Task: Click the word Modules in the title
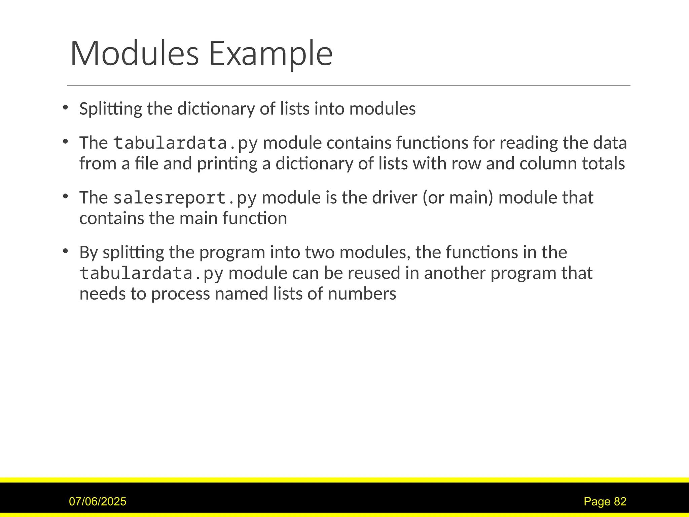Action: pos(135,54)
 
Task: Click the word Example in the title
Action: pos(271,54)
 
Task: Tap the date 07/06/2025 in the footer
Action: pos(98,502)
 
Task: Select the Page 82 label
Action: pos(605,502)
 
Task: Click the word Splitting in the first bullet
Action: pos(111,109)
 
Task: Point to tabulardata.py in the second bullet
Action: pos(185,143)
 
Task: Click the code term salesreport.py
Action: pos(185,198)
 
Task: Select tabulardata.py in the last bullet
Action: pos(151,273)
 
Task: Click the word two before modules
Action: pos(319,252)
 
